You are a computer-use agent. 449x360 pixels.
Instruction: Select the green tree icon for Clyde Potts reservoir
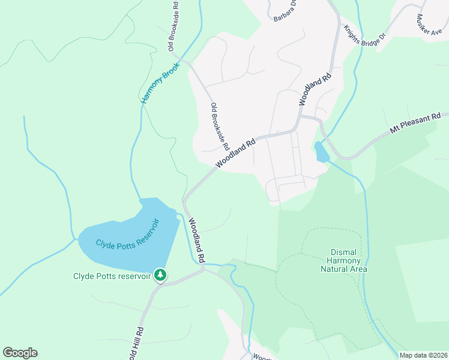[x=160, y=275]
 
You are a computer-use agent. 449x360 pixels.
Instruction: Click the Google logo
[x=20, y=353]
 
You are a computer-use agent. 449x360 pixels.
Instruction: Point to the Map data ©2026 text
[x=423, y=355]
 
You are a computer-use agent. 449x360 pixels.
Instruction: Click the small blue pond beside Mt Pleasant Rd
[x=321, y=152]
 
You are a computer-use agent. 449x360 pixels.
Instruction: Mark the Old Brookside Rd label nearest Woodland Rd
[x=220, y=127]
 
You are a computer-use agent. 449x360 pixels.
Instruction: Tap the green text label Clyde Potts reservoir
[x=112, y=276]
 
